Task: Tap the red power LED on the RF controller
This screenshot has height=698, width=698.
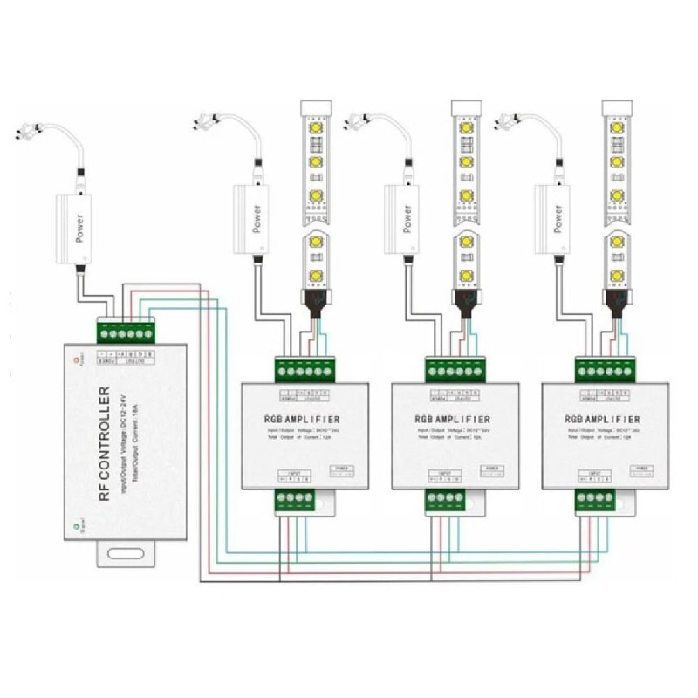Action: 78,359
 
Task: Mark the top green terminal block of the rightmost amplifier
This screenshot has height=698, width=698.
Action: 604,369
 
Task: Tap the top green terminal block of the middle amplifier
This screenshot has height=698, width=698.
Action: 454,369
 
